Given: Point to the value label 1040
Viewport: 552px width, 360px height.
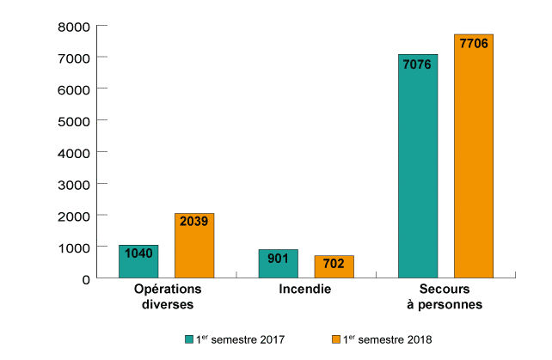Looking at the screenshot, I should coord(138,253).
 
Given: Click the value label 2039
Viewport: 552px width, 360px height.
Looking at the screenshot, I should coord(194,222).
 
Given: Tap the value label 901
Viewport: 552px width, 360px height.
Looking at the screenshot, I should coord(279,258).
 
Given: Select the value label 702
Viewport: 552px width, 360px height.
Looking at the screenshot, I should coord(334,264).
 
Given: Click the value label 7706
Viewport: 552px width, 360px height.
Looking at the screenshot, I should coord(474,43).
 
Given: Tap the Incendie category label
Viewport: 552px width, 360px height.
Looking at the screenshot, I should coord(305,289).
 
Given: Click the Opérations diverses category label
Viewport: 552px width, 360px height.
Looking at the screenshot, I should coord(167,296).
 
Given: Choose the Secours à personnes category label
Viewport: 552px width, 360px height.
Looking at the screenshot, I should coord(445,296).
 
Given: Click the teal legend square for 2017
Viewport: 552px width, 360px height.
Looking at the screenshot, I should coord(189,339).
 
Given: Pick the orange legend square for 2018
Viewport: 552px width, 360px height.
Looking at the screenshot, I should coord(335,339).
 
